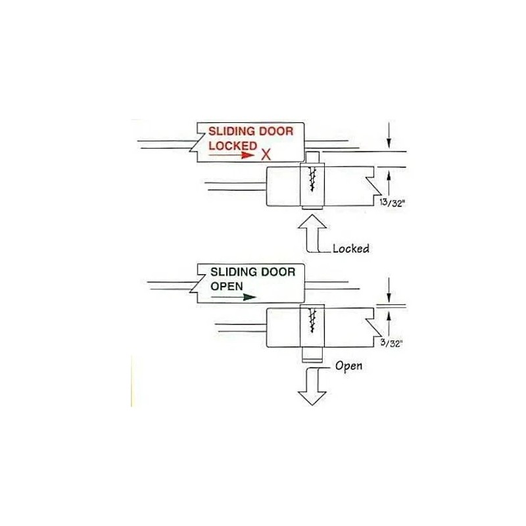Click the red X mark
coord(266,155)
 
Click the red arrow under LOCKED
coord(231,155)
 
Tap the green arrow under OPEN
coord(233,297)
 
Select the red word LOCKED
coord(233,145)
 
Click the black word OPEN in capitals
coord(227,287)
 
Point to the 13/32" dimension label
coord(392,203)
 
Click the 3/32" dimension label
coord(391,343)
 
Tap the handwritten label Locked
coord(351,249)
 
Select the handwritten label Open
coord(349,366)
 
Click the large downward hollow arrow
coord(312,387)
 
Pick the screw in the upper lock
coord(313,179)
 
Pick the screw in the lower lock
coord(313,320)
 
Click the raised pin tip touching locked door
coord(312,156)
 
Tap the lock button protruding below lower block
coord(312,355)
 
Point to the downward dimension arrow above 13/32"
coord(389,135)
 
